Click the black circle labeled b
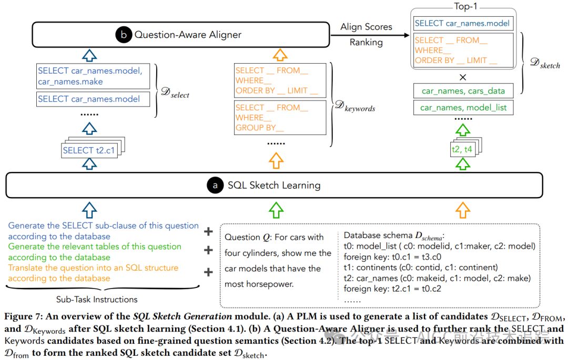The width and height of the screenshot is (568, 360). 124,35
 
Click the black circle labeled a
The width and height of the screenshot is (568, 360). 215,186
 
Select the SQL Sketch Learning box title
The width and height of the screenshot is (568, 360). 273,186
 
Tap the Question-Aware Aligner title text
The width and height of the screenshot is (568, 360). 188,35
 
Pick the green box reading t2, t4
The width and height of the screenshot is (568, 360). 462,149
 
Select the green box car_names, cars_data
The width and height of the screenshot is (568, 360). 463,91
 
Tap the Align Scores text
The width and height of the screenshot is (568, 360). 366,27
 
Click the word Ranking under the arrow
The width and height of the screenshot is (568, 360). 366,43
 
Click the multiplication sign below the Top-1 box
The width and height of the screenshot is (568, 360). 463,77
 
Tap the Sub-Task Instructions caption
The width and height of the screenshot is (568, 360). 97,300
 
